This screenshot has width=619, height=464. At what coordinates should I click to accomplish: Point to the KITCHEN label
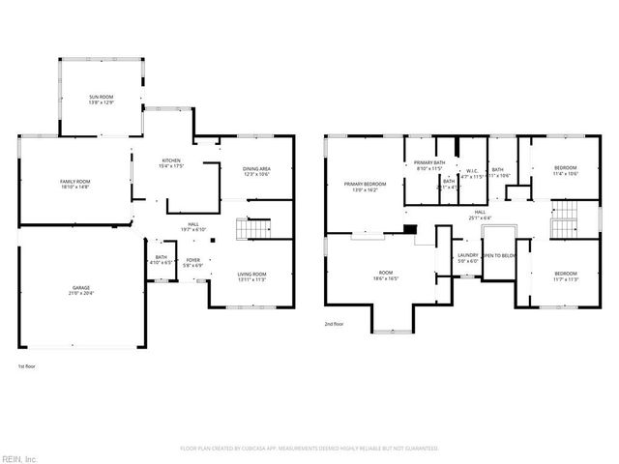click(x=171, y=162)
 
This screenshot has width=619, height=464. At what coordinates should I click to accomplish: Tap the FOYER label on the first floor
click(x=193, y=261)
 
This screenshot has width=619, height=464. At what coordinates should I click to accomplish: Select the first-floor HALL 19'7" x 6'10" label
click(x=193, y=227)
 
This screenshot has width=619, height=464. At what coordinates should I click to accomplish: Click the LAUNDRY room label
click(x=468, y=257)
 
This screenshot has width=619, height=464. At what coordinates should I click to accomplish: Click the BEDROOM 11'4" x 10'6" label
click(x=565, y=170)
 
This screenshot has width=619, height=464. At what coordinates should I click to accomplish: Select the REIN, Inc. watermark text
click(x=19, y=457)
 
